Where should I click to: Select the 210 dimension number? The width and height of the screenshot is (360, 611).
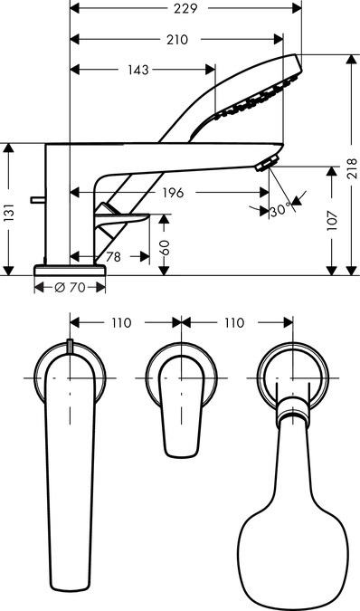point(177,40)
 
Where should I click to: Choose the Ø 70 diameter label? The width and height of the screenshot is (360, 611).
point(70,287)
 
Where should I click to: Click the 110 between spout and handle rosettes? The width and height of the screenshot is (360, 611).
point(123,322)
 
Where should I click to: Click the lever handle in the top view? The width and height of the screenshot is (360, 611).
point(181,407)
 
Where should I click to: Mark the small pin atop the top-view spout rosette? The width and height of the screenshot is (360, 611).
point(70,345)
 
